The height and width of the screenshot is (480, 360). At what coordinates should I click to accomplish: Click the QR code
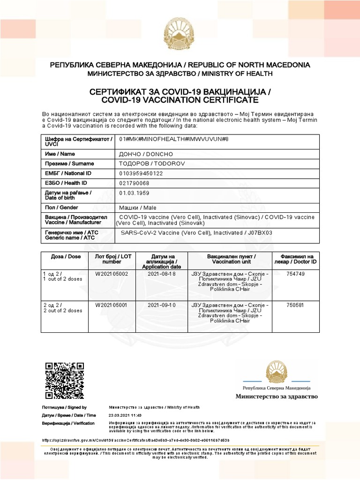[x=65, y=380]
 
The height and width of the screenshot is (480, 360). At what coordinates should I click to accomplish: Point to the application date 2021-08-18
[x=161, y=274]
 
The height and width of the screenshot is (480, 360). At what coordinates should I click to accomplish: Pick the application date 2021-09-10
[x=161, y=305]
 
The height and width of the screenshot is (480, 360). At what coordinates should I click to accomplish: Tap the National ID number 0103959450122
[x=141, y=173]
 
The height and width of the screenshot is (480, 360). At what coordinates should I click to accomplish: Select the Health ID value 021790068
[x=135, y=183]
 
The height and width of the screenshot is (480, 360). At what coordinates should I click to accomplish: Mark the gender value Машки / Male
[x=138, y=208]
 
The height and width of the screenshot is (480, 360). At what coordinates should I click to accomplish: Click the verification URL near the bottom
[x=136, y=440]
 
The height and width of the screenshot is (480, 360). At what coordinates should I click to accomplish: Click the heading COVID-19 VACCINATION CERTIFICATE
[x=180, y=100]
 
